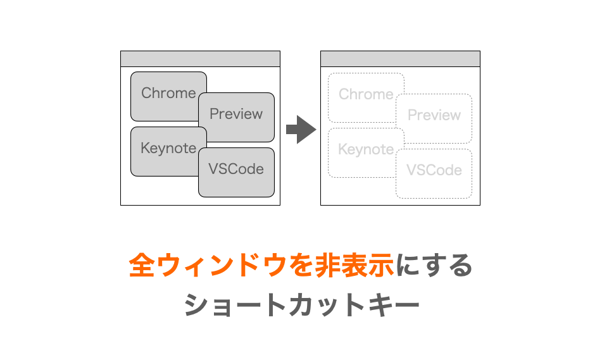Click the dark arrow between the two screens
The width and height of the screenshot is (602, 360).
click(x=301, y=130)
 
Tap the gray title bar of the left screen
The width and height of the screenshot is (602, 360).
click(x=200, y=59)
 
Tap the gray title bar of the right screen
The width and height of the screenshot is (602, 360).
click(x=400, y=59)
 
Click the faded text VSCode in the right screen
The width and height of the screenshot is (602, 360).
click(x=434, y=170)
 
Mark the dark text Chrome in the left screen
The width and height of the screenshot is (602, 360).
click(x=168, y=93)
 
